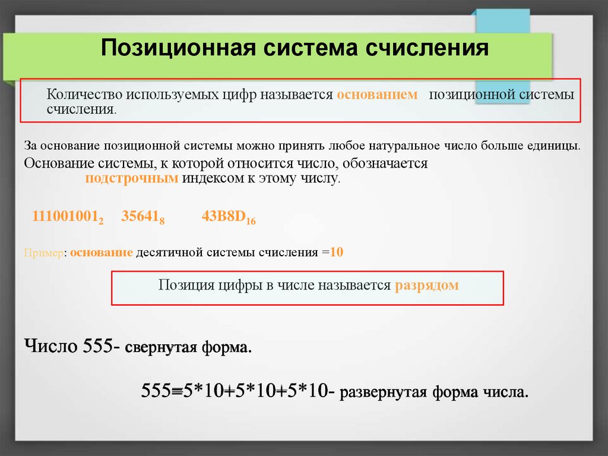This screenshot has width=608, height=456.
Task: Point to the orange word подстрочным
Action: pos(132,178)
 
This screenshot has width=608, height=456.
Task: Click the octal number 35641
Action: pos(140,217)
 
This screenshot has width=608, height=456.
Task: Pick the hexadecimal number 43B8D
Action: pos(224,217)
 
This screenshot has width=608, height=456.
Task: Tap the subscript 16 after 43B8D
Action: pos(251,221)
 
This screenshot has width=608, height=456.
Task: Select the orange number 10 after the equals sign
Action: pos(337,252)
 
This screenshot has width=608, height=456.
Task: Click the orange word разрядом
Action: pos(426,285)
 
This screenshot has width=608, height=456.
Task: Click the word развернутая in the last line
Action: pos(383,392)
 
